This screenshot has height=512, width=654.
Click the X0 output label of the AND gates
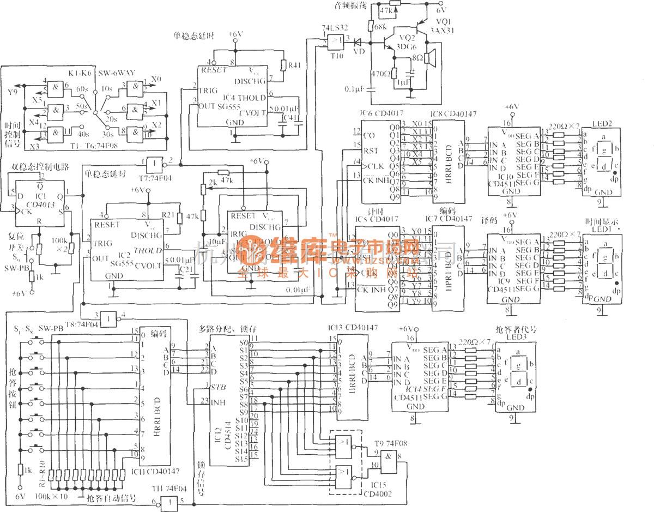pos(156,79)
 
